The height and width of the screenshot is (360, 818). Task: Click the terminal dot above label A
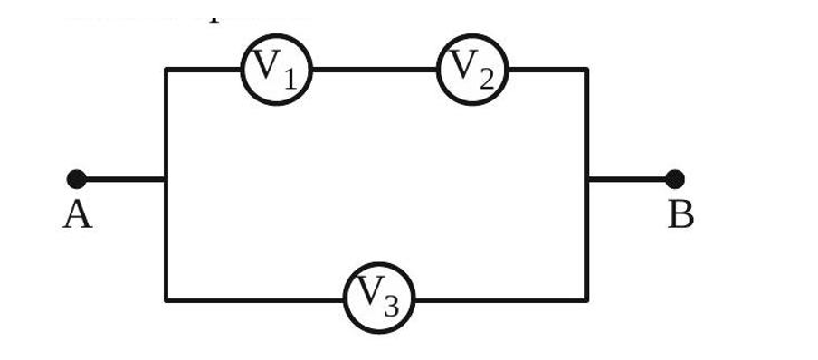pyautogui.click(x=76, y=179)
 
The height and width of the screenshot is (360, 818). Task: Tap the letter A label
pyautogui.click(x=77, y=216)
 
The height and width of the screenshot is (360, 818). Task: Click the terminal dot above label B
pyautogui.click(x=674, y=179)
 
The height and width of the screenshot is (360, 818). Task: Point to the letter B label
pyautogui.click(x=680, y=216)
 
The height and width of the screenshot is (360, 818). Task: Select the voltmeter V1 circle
pyautogui.click(x=276, y=69)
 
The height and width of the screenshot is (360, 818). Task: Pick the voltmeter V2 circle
pyautogui.click(x=472, y=69)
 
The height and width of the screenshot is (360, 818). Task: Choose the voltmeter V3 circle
pyautogui.click(x=378, y=298)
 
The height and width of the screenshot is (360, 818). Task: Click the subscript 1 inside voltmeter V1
pyautogui.click(x=289, y=79)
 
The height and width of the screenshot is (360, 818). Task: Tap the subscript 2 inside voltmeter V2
pyautogui.click(x=486, y=79)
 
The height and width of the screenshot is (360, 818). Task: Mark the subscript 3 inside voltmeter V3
pyautogui.click(x=391, y=308)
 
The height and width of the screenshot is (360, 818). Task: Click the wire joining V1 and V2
pyautogui.click(x=374, y=69)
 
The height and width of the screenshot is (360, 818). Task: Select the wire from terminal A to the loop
pyautogui.click(x=121, y=179)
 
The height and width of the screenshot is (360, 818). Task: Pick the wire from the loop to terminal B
pyautogui.click(x=631, y=179)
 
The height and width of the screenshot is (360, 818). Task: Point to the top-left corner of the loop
pyautogui.click(x=166, y=69)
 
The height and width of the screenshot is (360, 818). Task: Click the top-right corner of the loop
pyautogui.click(x=586, y=69)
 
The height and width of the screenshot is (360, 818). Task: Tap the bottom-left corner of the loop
pyautogui.click(x=166, y=299)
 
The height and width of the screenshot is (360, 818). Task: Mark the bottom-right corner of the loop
pyautogui.click(x=586, y=299)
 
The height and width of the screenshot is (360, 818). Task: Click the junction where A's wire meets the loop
pyautogui.click(x=166, y=179)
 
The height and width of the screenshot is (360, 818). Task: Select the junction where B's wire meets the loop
pyautogui.click(x=586, y=179)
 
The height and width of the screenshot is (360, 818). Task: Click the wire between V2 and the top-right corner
pyautogui.click(x=547, y=69)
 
